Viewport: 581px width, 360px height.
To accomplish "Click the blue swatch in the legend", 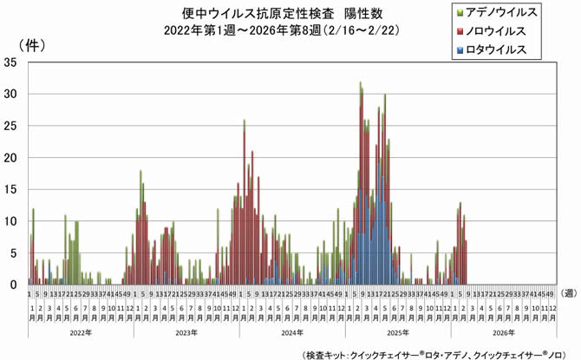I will pos(459,50).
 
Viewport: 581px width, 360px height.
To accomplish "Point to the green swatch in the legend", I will pos(459,13).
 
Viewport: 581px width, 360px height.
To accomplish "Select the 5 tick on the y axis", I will pos(15,253).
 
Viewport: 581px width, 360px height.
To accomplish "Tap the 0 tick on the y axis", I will pos(15,285).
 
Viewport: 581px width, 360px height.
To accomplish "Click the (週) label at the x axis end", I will pos(567,295).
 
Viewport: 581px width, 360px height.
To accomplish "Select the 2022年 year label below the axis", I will pos(80,332).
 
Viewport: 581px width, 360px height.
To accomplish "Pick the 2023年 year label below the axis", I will pos(186,332).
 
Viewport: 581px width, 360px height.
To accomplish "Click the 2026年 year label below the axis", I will pos(503,332).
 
